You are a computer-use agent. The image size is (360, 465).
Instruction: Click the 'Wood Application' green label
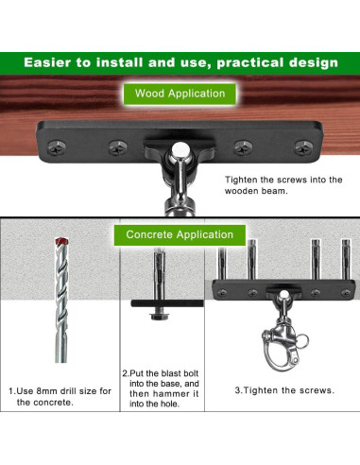pos(180,94)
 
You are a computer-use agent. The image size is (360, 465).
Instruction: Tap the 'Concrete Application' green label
pos(180,234)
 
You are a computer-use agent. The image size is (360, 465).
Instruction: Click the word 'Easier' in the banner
pos(47,62)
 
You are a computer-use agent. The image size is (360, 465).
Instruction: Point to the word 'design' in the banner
pos(314,62)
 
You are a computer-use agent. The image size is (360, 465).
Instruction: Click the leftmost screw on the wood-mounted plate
pos(57,147)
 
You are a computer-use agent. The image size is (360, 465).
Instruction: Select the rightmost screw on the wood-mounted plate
pos(303,147)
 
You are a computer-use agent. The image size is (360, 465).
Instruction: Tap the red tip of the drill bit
pos(61,241)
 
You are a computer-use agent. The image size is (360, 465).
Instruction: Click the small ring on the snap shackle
pos(302,342)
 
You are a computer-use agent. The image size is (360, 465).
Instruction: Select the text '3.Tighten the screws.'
pos(284,390)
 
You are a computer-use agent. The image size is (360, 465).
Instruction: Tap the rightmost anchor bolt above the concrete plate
pos(346,259)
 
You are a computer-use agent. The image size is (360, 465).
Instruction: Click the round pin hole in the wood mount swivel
pos(180,149)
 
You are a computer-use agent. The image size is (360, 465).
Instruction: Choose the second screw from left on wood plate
pos(118,147)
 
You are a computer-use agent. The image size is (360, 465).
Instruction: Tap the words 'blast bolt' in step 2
pos(180,373)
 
